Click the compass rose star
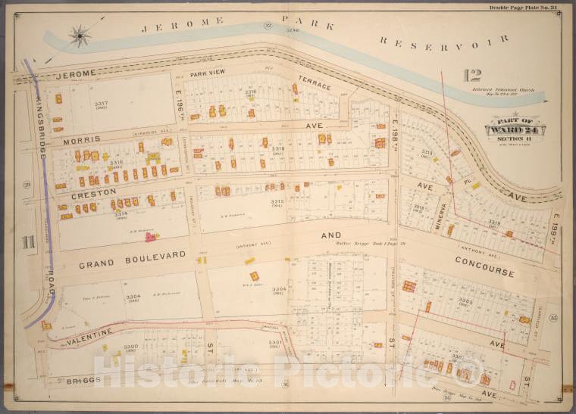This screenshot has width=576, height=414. point(80,34)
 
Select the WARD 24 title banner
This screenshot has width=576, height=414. point(518,129)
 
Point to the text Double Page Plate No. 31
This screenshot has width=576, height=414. point(524,8)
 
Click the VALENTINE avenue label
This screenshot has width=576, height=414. point(82,333)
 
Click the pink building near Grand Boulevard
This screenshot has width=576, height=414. point(151,237)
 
